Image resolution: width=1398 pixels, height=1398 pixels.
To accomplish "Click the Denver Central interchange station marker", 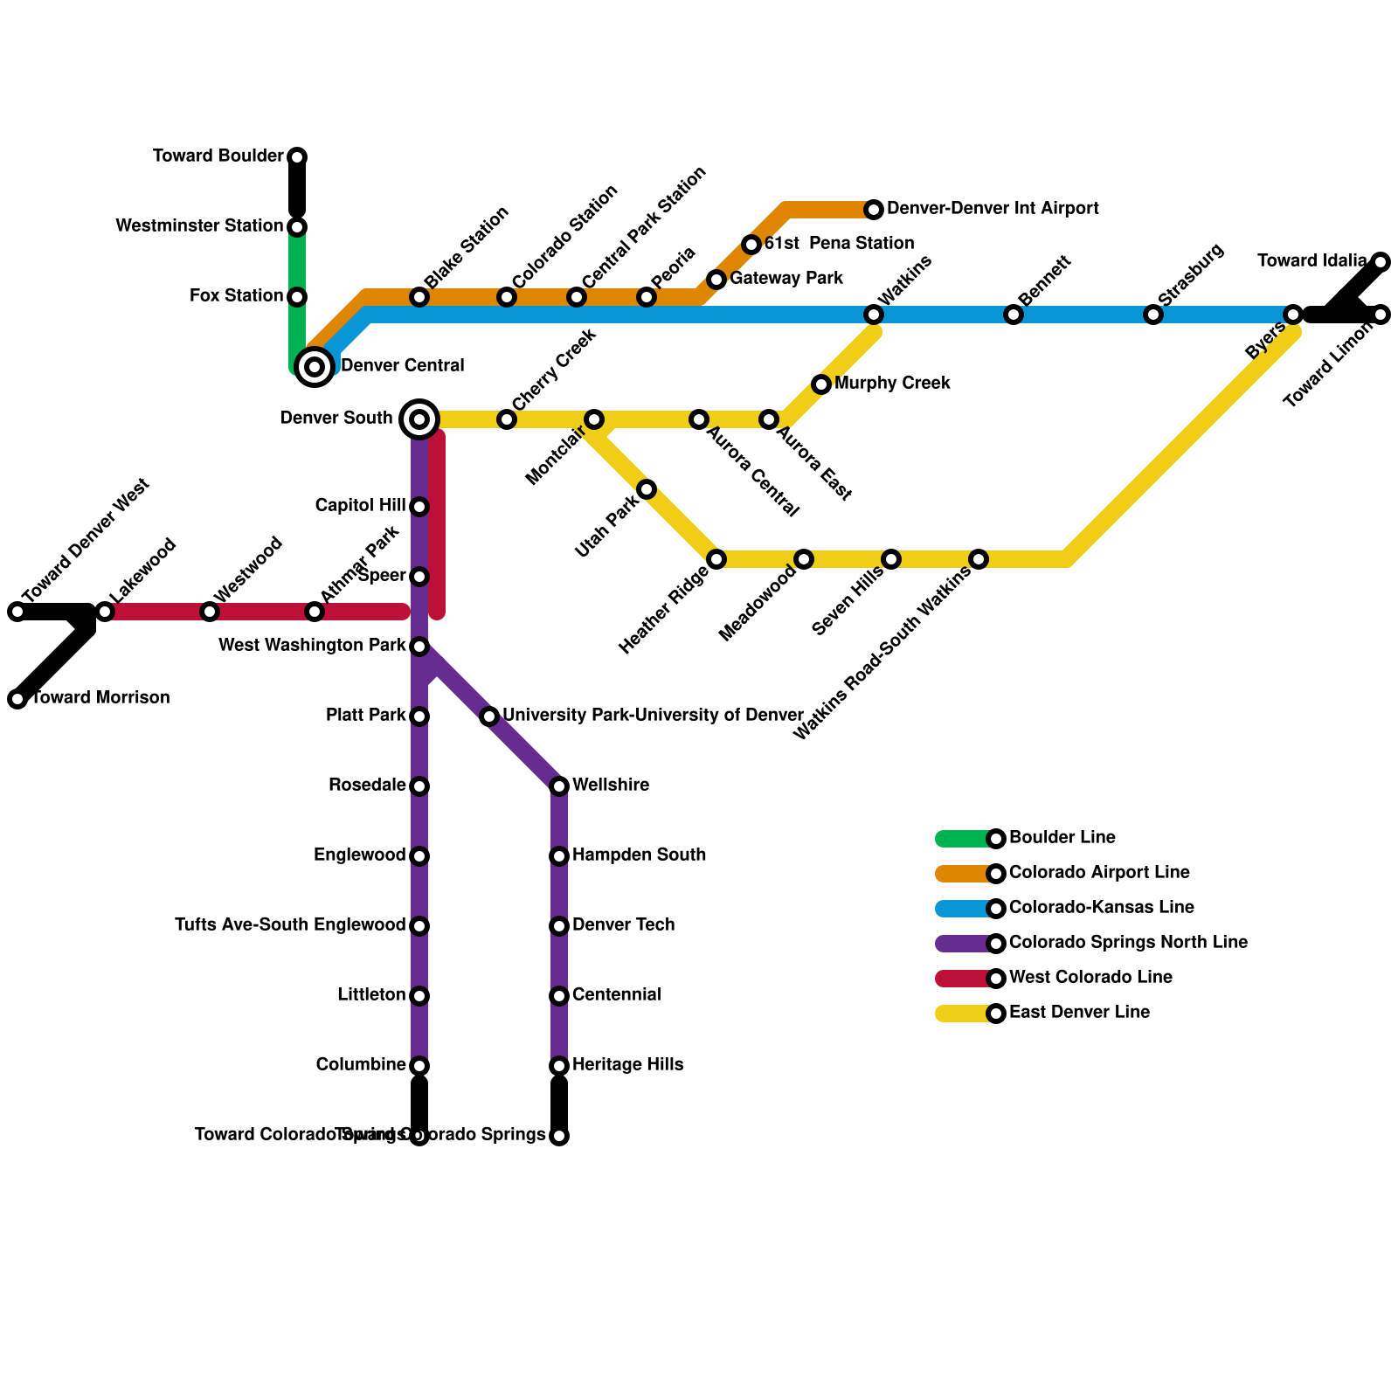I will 315,366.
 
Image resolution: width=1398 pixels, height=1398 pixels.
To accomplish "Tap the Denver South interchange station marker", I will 419,419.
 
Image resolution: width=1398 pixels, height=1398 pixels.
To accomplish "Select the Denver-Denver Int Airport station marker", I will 874,210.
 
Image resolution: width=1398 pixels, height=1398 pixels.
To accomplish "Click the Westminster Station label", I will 199,226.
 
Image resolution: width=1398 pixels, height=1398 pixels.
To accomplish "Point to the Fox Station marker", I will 297,297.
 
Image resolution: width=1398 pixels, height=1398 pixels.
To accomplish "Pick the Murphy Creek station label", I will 892,384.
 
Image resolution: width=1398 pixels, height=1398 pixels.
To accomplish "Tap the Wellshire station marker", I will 559,786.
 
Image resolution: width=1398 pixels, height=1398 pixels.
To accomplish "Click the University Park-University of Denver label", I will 653,716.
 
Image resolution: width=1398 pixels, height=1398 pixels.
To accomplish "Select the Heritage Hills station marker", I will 559,1066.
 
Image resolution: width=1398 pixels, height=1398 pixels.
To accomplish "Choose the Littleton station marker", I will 419,996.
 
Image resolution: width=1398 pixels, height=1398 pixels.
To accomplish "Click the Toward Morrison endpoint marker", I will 17,699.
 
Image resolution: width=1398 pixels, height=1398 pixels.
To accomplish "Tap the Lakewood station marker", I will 105,612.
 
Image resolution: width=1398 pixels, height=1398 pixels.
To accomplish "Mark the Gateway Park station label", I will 786,279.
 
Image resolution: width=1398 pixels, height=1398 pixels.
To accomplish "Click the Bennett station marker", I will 1014,315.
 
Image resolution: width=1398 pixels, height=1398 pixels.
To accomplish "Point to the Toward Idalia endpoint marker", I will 1381,262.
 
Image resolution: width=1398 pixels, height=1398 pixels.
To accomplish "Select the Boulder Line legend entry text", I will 1062,838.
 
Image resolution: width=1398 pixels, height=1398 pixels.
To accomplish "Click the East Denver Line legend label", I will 1079,1013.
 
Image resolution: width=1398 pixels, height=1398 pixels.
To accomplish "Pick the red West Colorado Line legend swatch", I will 961,979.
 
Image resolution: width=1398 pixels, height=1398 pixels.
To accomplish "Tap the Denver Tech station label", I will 624,925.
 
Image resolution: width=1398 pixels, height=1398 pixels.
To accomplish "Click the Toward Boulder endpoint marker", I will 297,157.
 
